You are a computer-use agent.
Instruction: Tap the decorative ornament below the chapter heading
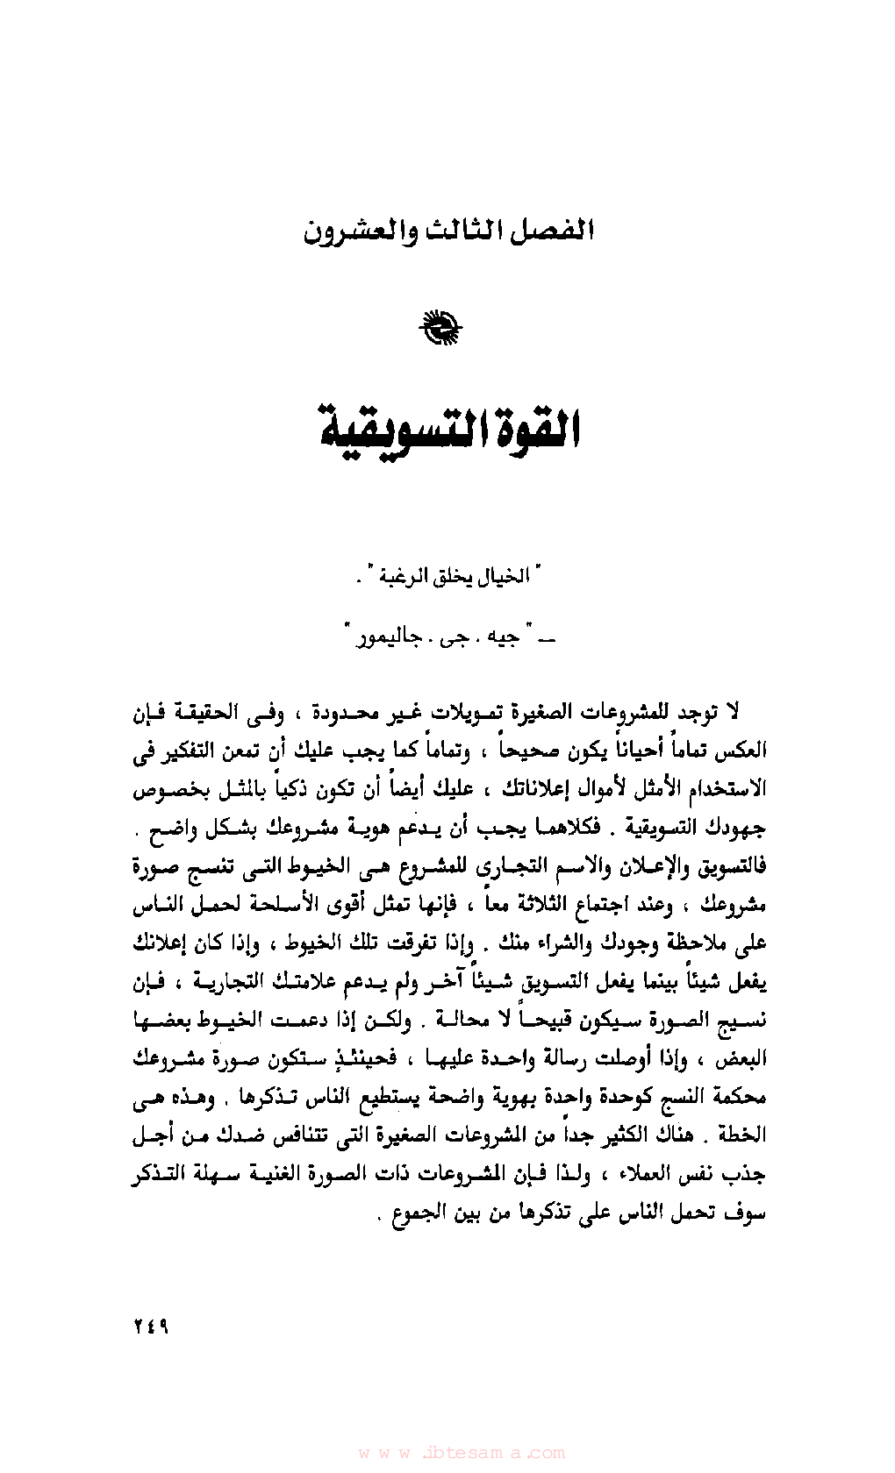(441, 329)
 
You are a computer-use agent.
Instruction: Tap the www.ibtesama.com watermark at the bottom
(462, 1453)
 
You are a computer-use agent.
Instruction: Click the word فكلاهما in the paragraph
(571, 828)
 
